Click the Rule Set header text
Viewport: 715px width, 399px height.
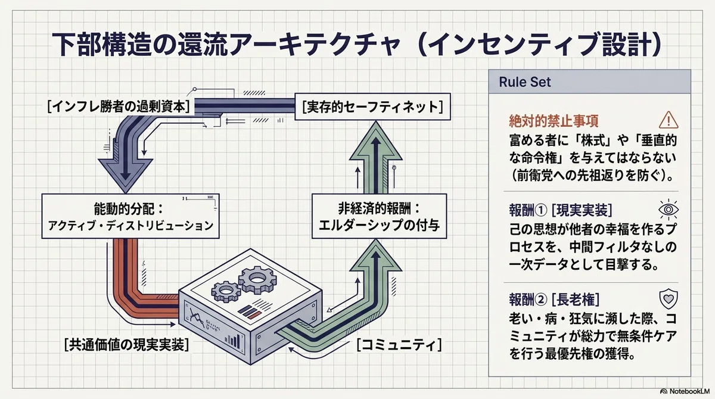524,82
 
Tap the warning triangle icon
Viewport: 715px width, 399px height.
669,120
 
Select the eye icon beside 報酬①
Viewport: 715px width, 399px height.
669,210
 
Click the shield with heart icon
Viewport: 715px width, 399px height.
669,299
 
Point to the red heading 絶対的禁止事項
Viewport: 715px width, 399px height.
554,121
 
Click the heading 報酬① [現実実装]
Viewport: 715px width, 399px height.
561,210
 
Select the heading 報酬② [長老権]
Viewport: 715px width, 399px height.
554,300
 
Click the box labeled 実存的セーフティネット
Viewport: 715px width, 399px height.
372,107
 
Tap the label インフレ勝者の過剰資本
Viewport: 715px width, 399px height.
119,106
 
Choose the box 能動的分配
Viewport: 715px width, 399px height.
130,216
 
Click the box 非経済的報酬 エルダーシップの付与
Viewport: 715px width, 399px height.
379,216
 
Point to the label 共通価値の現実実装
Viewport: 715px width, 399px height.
126,345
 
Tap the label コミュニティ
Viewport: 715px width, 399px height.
399,345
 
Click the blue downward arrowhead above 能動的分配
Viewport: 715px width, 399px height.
125,174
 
